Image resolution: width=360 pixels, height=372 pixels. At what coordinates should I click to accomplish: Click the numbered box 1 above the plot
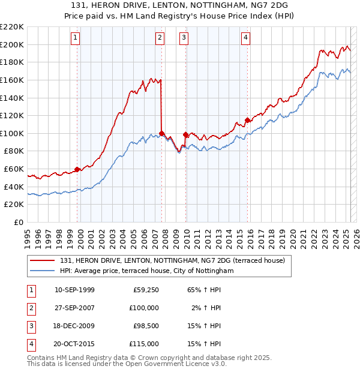click(76, 38)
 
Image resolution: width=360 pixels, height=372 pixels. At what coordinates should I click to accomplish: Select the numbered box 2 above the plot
click(160, 38)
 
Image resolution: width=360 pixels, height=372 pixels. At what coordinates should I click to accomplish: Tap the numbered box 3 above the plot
click(184, 38)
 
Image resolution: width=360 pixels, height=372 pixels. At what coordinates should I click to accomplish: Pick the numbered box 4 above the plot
click(246, 38)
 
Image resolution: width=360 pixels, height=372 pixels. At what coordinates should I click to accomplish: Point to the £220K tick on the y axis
click(12, 27)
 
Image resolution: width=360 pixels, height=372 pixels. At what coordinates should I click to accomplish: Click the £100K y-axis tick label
click(12, 133)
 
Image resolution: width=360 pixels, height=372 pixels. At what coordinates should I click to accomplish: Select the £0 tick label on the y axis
click(19, 222)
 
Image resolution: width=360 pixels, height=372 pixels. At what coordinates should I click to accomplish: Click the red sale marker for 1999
click(77, 169)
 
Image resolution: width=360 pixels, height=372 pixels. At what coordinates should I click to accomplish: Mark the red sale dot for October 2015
click(248, 120)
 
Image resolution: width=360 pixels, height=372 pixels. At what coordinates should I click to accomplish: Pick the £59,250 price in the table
click(146, 290)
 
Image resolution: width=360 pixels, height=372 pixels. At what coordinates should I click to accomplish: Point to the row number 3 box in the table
click(30, 326)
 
